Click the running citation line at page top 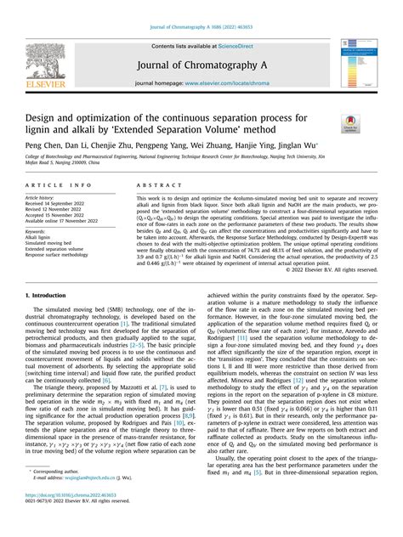(201, 8)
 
